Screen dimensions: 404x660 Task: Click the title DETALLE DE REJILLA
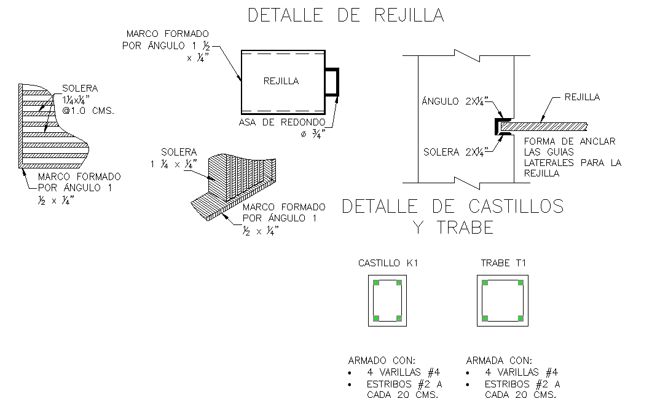(x=345, y=15)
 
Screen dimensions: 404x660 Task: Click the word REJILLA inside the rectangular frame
(x=281, y=81)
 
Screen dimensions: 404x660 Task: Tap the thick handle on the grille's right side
(x=332, y=82)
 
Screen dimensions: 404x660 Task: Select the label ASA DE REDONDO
(x=282, y=122)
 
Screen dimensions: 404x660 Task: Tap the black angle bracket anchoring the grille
(x=497, y=126)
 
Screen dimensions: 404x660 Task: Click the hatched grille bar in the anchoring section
(x=544, y=127)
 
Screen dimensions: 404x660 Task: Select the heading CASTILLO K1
(x=388, y=263)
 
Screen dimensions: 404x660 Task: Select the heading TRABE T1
(x=502, y=263)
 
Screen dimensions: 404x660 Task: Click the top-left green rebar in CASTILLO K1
(x=376, y=283)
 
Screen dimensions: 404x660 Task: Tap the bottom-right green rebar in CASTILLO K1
(x=399, y=318)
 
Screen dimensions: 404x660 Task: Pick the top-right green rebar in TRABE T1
(x=520, y=283)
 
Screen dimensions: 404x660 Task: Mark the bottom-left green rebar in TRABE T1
(x=485, y=318)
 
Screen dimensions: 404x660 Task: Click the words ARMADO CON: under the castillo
(x=382, y=360)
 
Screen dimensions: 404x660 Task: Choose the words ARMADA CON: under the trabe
(x=499, y=360)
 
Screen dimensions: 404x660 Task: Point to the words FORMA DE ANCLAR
(x=569, y=141)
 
